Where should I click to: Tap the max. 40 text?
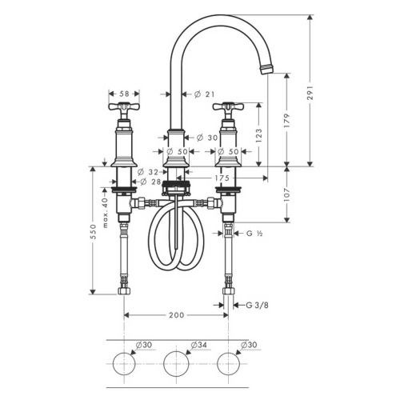105,210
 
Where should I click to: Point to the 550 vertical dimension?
94,231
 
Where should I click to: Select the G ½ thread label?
254,233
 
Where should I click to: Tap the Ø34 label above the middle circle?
199,345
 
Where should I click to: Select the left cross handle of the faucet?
124,108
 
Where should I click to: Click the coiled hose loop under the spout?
177,240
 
